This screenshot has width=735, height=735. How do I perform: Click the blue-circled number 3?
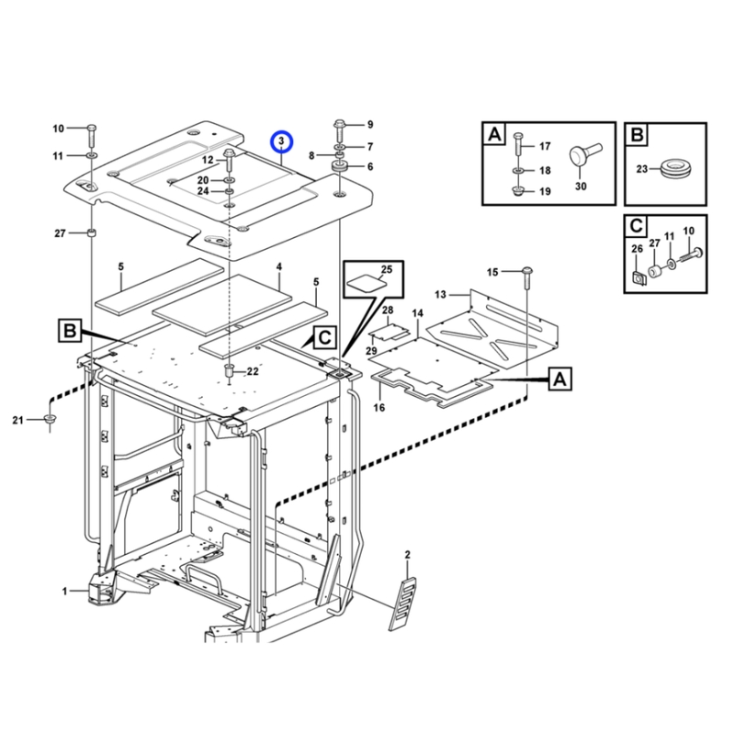pyautogui.click(x=281, y=141)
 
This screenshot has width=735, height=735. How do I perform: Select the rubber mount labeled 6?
pyautogui.click(x=339, y=166)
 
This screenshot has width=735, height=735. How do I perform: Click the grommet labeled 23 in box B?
pyautogui.click(x=674, y=170)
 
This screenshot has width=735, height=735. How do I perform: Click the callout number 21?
pyautogui.click(x=17, y=420)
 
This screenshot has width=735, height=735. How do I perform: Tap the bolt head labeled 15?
pyautogui.click(x=527, y=270)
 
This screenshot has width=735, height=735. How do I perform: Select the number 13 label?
pyautogui.click(x=441, y=294)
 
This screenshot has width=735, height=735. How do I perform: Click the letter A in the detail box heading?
pyautogui.click(x=494, y=134)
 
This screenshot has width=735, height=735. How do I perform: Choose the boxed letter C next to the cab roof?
pyautogui.click(x=324, y=337)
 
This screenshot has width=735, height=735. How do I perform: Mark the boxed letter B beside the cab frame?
pyautogui.click(x=70, y=331)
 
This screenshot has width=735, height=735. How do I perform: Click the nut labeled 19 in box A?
pyautogui.click(x=517, y=191)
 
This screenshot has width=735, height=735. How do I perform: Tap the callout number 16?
pyautogui.click(x=379, y=407)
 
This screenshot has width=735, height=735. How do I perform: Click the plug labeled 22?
pyautogui.click(x=229, y=370)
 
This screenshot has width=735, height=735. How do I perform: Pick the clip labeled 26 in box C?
pyautogui.click(x=638, y=278)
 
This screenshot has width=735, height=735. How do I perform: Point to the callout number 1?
pyautogui.click(x=64, y=591)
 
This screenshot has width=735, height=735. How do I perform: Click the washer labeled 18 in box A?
pyautogui.click(x=517, y=171)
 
